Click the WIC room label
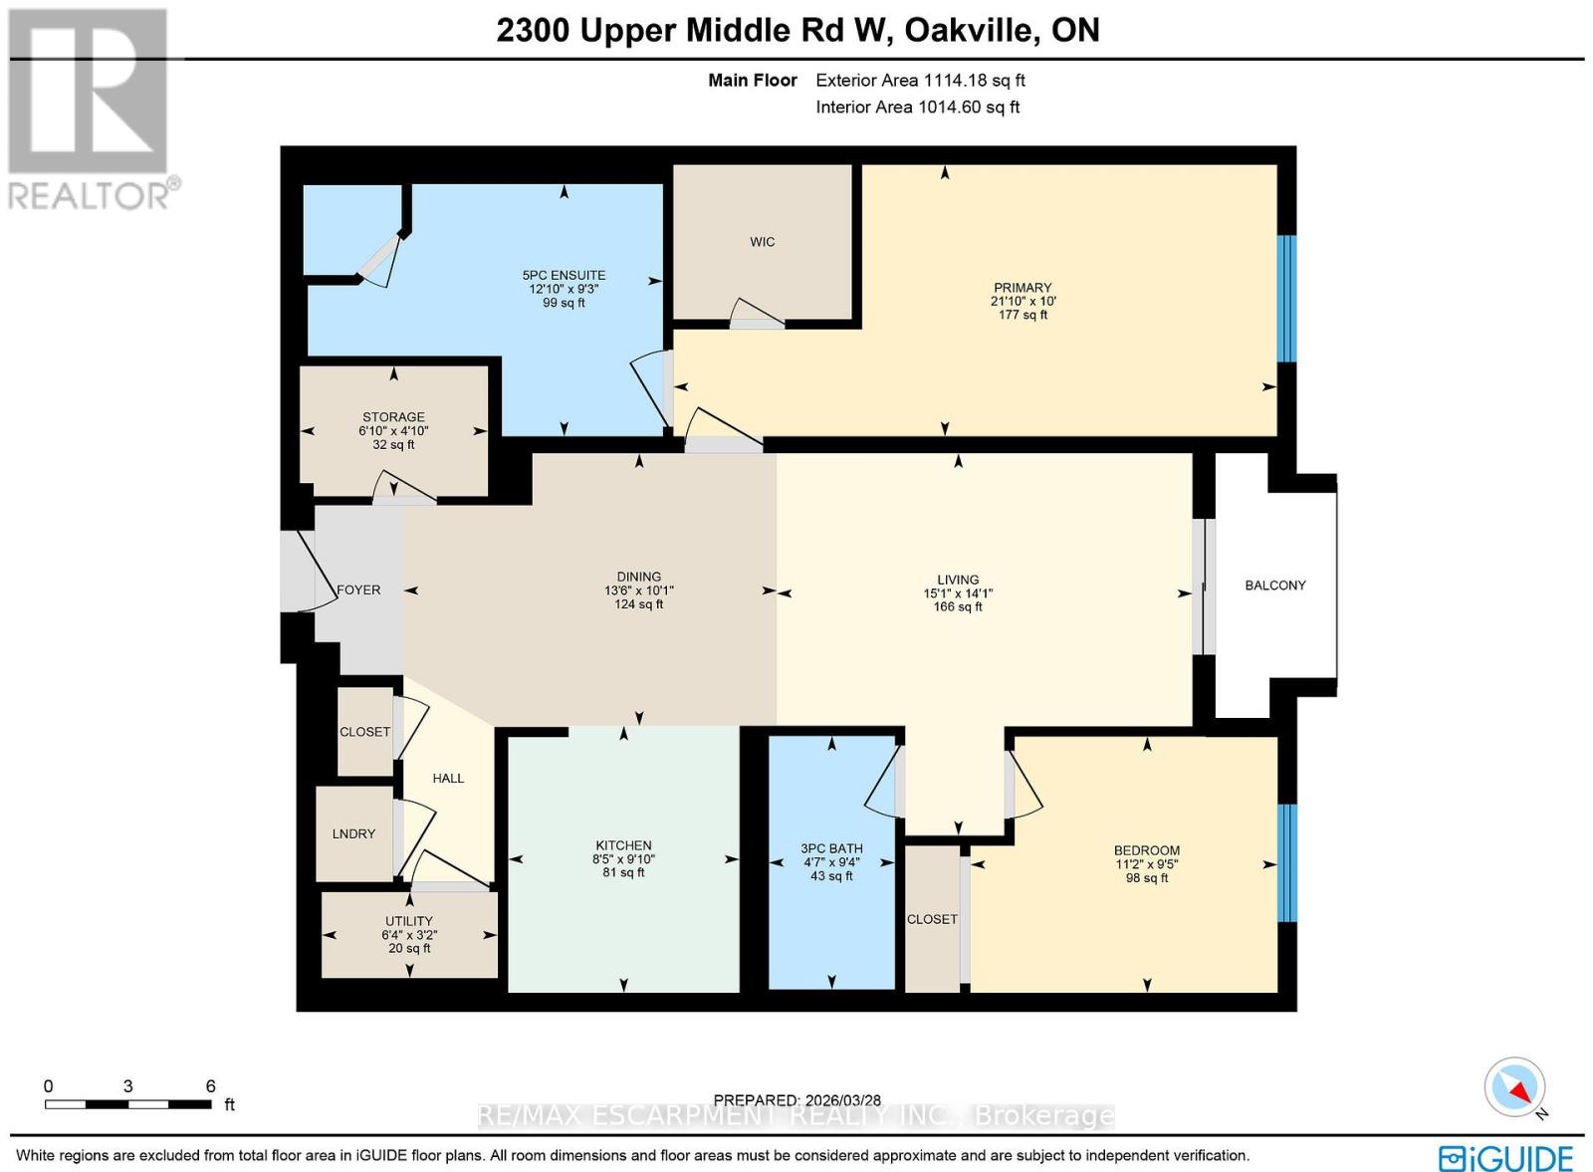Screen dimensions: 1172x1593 coord(762,242)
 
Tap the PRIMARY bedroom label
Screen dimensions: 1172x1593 coord(1022,288)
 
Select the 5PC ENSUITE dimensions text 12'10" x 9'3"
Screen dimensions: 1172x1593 coord(564,289)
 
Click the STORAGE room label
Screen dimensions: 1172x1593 coord(393,417)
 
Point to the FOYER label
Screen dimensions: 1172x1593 coord(358,589)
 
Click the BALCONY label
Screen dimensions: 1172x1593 coord(1274,586)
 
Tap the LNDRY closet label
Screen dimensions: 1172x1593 coord(353,833)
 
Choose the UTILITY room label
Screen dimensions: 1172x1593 coord(408,921)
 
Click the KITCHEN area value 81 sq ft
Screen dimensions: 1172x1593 coord(623,872)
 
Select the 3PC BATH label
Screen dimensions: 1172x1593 coord(831,848)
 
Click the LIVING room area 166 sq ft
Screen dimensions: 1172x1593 coord(957,606)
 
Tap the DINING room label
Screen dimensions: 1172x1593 coord(638,577)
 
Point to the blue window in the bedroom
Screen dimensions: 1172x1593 coord(1286,862)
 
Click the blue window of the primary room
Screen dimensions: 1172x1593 coord(1286,299)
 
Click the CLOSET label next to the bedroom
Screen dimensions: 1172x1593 coord(932,919)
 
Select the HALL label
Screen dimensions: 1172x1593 coord(448,778)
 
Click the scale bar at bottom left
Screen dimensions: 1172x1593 coord(127,1103)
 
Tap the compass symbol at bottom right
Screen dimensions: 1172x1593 coord(1514,1087)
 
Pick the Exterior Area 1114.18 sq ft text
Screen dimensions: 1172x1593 coord(920,81)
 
